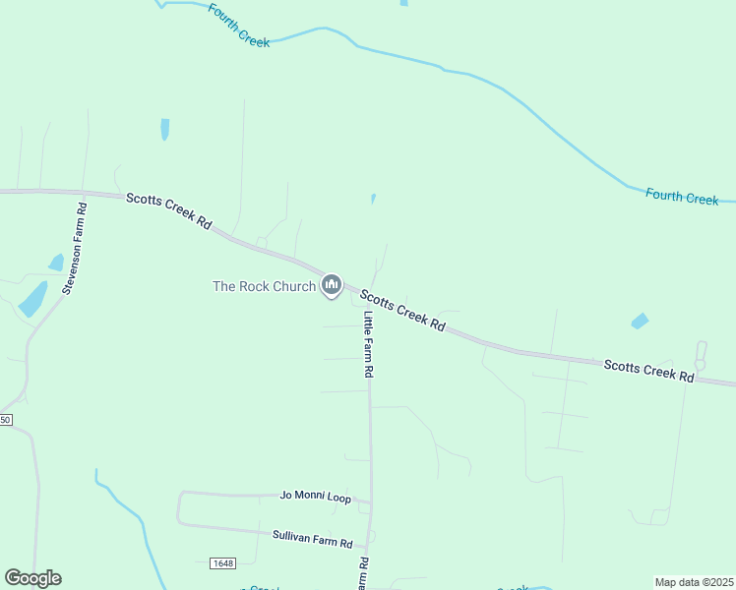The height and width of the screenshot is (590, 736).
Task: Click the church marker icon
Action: point(332,286)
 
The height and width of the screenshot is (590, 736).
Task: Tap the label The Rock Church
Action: point(264,287)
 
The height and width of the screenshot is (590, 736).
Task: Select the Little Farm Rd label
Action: point(369,345)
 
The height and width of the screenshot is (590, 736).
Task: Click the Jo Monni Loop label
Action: point(315,499)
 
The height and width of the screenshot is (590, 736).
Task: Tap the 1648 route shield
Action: point(222,563)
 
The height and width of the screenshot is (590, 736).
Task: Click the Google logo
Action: point(32,578)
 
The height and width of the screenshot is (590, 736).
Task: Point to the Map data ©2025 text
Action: point(694,582)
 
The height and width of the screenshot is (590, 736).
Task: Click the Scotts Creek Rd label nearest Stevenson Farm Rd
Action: point(169,210)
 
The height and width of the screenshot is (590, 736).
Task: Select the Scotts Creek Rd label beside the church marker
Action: point(401,310)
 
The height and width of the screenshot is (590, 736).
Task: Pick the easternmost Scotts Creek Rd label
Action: point(648,370)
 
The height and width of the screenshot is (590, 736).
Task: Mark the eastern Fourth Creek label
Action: point(682,196)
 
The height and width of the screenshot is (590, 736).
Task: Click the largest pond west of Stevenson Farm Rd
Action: point(32,298)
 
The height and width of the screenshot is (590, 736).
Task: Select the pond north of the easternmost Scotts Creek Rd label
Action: point(640,321)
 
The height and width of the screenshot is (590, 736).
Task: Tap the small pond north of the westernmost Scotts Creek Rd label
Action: point(164,129)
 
